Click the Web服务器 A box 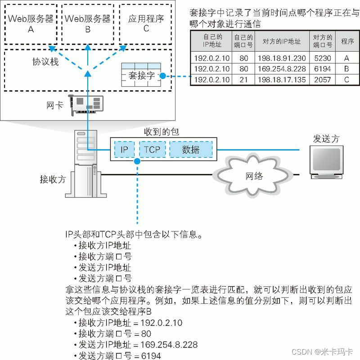[x=31, y=24]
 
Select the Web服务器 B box [x=88, y=24]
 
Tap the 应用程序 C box [x=145, y=24]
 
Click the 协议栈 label [x=45, y=62]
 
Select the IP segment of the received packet [x=124, y=150]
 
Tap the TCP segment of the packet [x=152, y=150]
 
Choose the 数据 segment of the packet [x=190, y=150]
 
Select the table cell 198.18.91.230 [x=281, y=58]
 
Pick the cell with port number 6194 [x=323, y=69]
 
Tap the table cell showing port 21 [x=243, y=80]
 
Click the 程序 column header [x=348, y=41]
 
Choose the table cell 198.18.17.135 [x=281, y=80]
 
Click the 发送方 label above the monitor [x=326, y=139]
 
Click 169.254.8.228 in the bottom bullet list [x=172, y=345]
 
